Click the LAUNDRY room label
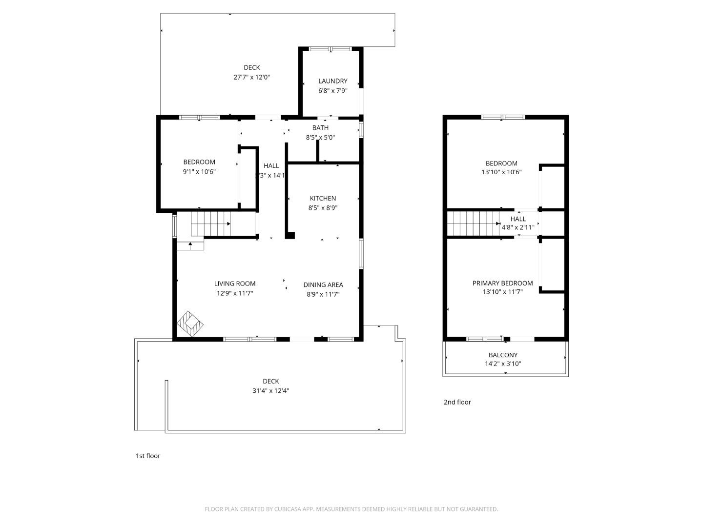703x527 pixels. pyautogui.click(x=332, y=81)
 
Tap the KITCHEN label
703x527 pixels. pyautogui.click(x=323, y=198)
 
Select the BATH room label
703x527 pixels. pyautogui.click(x=320, y=128)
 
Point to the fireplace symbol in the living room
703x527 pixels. pyautogui.click(x=190, y=323)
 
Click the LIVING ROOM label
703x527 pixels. pyautogui.click(x=235, y=284)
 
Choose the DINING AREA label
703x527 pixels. pyautogui.click(x=323, y=284)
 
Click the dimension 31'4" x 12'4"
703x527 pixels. pyautogui.click(x=270, y=390)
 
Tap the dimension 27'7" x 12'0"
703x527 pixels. pyautogui.click(x=251, y=77)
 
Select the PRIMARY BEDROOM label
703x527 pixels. pyautogui.click(x=502, y=283)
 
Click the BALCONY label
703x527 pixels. pyautogui.click(x=503, y=355)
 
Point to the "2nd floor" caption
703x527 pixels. pyautogui.click(x=457, y=402)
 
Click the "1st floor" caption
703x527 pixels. pyautogui.click(x=147, y=456)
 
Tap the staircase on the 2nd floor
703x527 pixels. pyautogui.click(x=471, y=223)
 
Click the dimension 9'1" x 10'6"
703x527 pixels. pyautogui.click(x=199, y=171)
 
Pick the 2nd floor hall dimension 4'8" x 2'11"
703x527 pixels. pyautogui.click(x=518, y=227)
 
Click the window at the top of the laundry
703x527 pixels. pyautogui.click(x=331, y=49)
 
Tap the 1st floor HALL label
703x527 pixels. pyautogui.click(x=271, y=165)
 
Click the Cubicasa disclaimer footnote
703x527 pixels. pyautogui.click(x=351, y=509)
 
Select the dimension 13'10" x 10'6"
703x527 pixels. pyautogui.click(x=502, y=172)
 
